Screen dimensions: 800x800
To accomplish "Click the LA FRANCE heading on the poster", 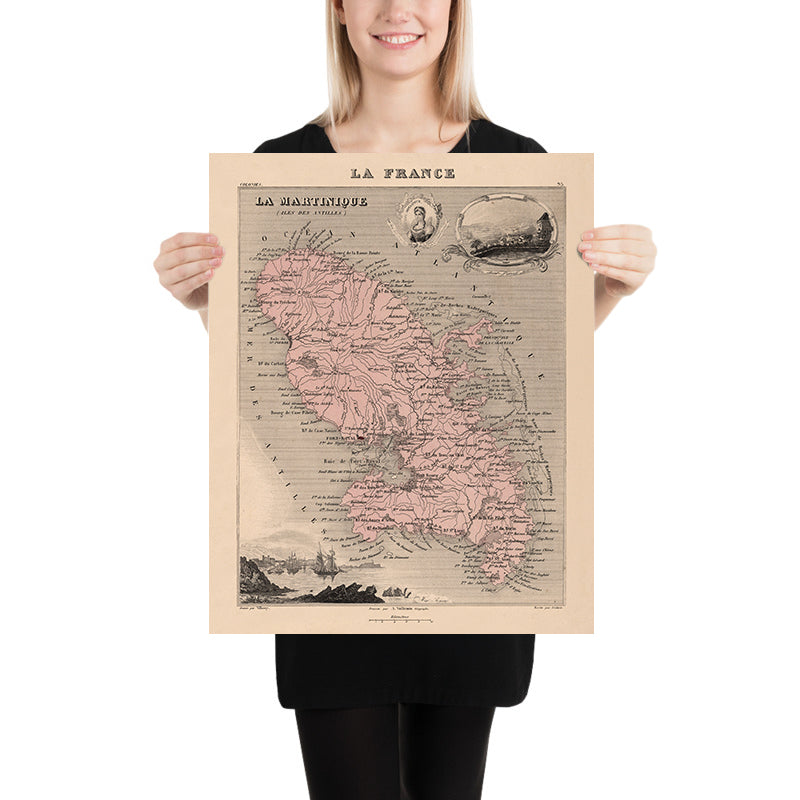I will pos(401,173).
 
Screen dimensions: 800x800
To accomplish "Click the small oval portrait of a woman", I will pos(420,220).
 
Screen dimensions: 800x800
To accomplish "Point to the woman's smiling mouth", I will pos(399,40).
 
